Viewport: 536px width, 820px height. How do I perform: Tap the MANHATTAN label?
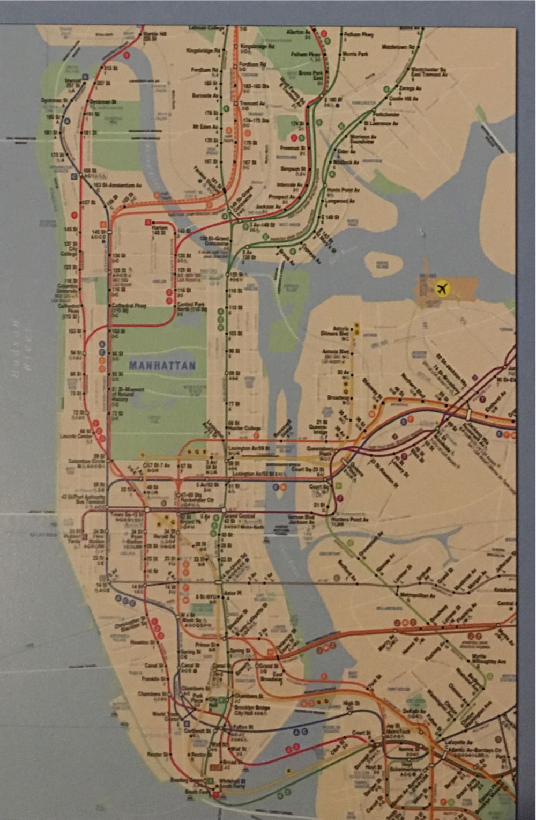click(160, 365)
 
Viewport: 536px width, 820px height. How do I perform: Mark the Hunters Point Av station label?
click(354, 520)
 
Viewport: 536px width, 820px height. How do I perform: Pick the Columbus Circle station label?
click(80, 461)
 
